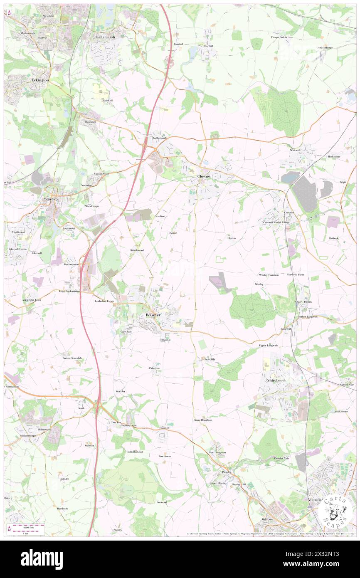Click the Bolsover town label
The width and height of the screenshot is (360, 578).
click(153, 315)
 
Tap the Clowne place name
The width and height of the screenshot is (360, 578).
click(203, 176)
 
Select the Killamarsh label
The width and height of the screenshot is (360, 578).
click(105, 37)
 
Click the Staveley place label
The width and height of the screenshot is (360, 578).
click(53, 200)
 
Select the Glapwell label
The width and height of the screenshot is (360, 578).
click(164, 427)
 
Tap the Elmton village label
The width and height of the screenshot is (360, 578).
click(232, 238)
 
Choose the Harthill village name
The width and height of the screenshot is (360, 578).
click(208, 46)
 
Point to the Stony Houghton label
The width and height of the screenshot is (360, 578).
click(203, 420)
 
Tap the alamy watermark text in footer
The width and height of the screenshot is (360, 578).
click(42, 558)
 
